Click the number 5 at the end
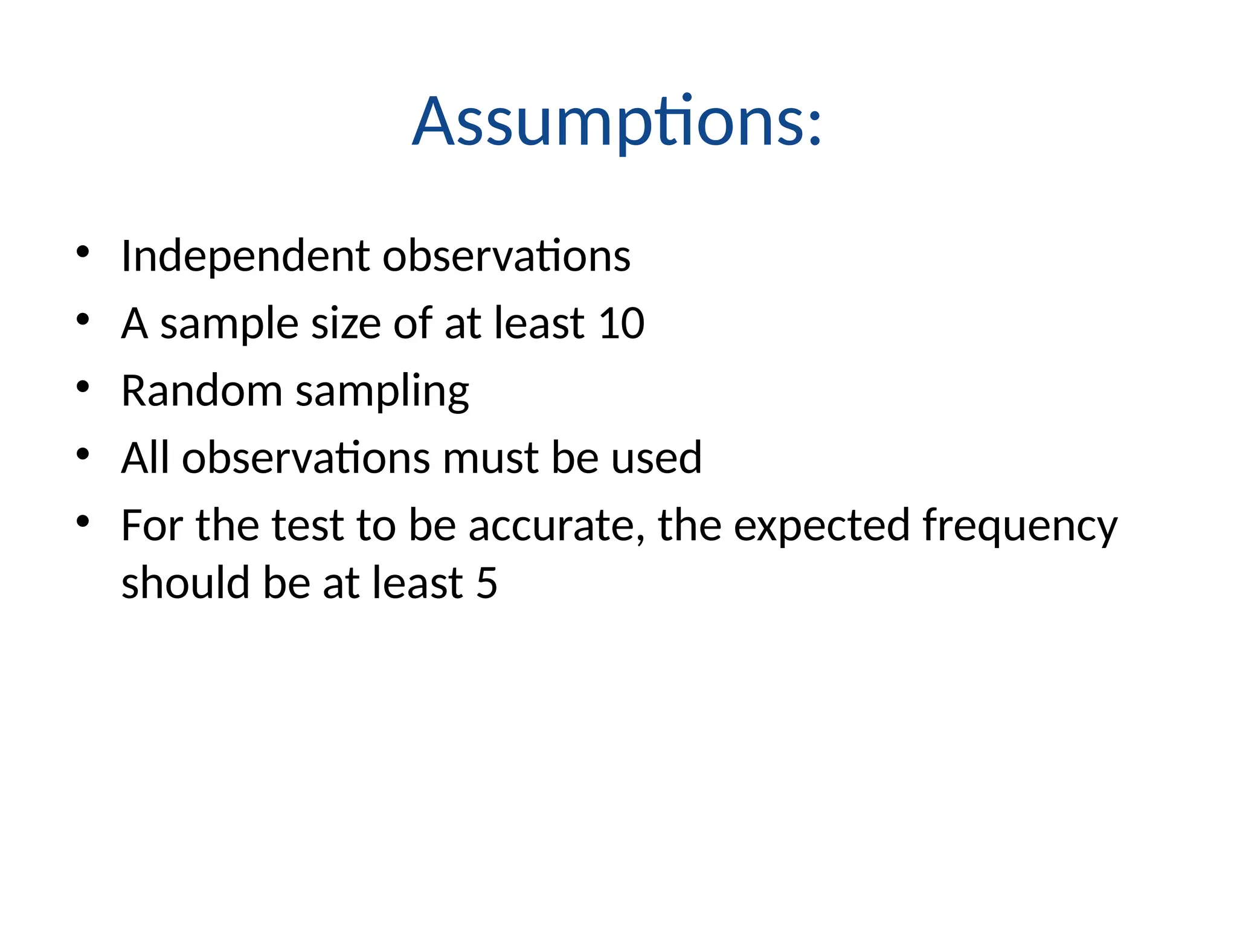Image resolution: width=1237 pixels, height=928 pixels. point(487,584)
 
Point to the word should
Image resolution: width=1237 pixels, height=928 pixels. point(185,584)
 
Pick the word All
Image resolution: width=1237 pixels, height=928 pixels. point(145,458)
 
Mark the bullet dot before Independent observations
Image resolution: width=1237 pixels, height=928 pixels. point(83,251)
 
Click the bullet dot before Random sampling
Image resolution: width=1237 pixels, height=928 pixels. point(83,386)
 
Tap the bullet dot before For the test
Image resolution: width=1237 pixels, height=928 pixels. point(83,521)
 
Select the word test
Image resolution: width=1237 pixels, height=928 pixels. point(307,526)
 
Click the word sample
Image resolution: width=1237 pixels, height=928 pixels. point(229,324)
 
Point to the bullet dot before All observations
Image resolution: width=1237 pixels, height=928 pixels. point(83,453)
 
